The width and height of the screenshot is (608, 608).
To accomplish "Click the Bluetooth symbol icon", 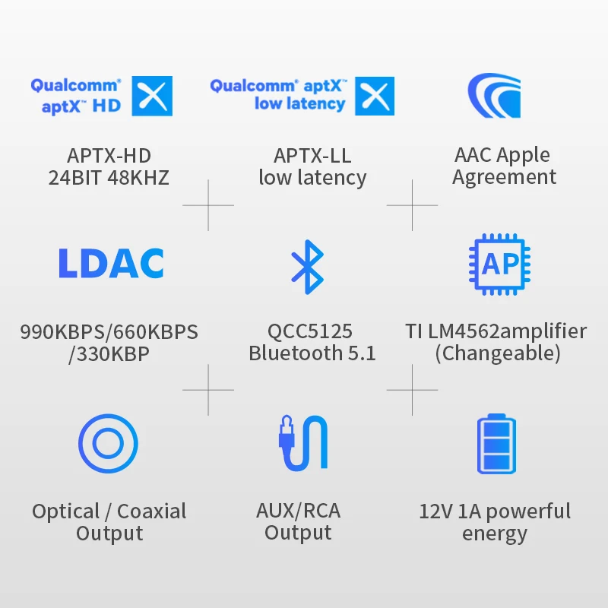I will [307, 267].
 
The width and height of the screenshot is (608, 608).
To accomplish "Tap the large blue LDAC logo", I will [111, 263].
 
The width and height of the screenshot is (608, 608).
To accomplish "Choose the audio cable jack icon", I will [302, 442].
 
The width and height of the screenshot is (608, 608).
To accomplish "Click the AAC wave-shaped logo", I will [493, 97].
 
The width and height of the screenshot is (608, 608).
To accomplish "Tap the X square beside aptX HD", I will [152, 96].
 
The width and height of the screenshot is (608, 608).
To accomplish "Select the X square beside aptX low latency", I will [375, 96].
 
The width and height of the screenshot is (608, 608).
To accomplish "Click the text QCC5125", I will [310, 331].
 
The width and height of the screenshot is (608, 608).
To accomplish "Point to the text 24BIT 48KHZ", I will [109, 178].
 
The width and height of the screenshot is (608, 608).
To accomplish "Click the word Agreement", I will [504, 178].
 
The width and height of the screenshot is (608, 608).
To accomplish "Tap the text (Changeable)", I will [497, 353].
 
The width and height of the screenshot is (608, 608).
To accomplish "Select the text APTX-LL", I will [312, 156].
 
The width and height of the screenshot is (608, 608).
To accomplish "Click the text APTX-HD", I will [109, 156].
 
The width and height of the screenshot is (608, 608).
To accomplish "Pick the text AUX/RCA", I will [298, 511].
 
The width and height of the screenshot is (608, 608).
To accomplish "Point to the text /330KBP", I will [109, 353].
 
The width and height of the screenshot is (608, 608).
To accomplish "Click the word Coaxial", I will [152, 511].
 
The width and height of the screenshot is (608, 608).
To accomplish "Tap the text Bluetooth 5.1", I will [312, 353].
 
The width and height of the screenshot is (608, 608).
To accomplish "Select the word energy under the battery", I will [494, 534].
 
